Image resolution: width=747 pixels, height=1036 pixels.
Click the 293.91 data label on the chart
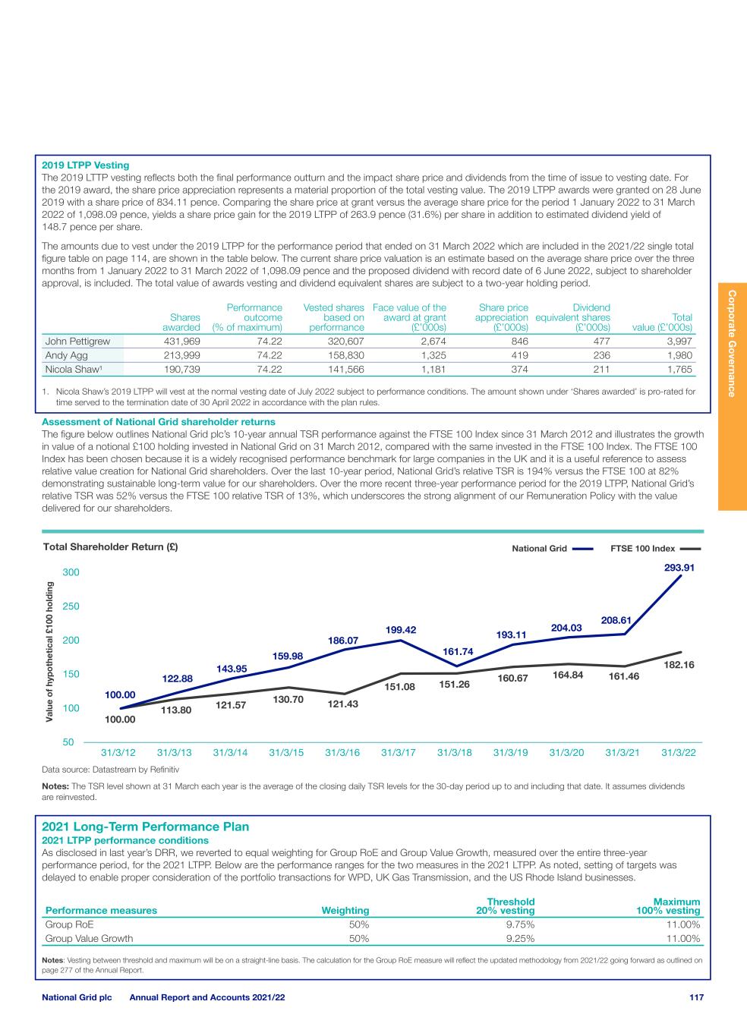click(679, 566)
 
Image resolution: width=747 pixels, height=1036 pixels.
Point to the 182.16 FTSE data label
click(679, 664)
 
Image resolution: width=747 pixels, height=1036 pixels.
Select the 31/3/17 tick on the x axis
click(398, 753)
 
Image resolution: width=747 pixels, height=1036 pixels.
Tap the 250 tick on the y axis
click(71, 606)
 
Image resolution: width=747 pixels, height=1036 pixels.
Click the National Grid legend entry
click(552, 548)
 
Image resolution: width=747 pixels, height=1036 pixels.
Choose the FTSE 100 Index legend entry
click(655, 548)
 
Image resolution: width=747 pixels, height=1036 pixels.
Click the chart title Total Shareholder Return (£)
click(111, 546)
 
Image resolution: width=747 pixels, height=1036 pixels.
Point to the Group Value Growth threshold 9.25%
click(520, 938)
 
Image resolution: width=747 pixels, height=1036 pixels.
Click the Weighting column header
click(345, 910)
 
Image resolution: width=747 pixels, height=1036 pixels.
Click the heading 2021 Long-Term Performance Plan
click(145, 827)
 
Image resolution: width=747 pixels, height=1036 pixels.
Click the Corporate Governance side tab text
click(732, 342)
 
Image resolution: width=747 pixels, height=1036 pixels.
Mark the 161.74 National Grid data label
click(458, 651)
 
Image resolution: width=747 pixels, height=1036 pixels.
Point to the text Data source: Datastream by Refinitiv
click(110, 770)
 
